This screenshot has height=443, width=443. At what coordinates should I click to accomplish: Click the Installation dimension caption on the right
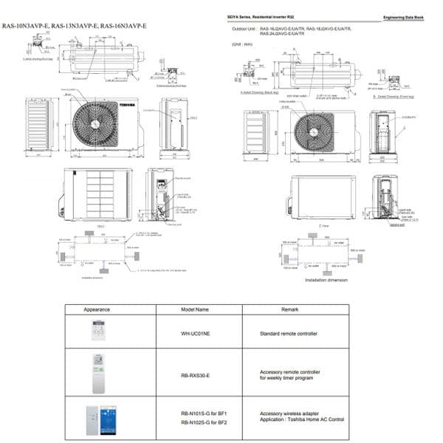pyautogui.click(x=326, y=280)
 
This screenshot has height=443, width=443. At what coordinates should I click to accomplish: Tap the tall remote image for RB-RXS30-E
pyautogui.click(x=97, y=374)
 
